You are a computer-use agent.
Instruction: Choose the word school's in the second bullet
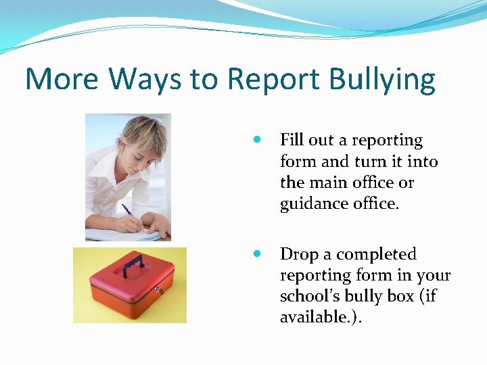[308, 297]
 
